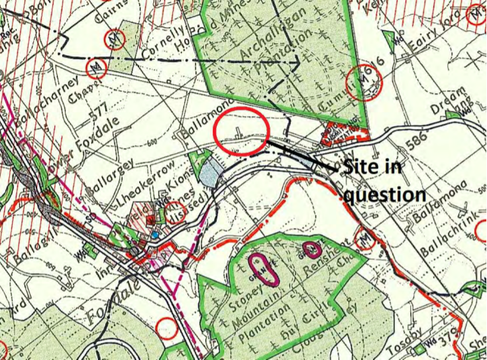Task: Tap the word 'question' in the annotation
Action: [385, 194]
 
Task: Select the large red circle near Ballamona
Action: [241, 131]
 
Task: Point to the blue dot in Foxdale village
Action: [154, 235]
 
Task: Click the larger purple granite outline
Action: [260, 269]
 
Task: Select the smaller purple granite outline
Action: [311, 249]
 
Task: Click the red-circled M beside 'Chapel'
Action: [98, 66]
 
